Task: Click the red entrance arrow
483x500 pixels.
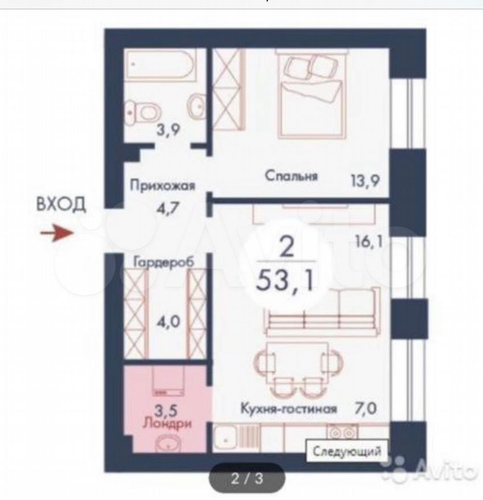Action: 57,232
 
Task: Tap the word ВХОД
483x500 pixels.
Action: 62,204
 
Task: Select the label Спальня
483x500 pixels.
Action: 291,176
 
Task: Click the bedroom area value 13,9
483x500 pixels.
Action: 365,181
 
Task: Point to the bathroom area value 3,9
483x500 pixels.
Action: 169,129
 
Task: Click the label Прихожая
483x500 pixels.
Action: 162,185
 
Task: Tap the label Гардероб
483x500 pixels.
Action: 163,262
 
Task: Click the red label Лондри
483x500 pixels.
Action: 167,424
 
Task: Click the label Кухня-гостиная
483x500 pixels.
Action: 288,408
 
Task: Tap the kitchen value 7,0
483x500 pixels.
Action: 365,408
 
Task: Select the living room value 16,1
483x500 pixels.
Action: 369,241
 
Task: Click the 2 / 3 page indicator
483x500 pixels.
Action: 247,478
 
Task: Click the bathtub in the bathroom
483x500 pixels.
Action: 161,65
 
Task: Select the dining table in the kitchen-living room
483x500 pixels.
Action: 298,359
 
